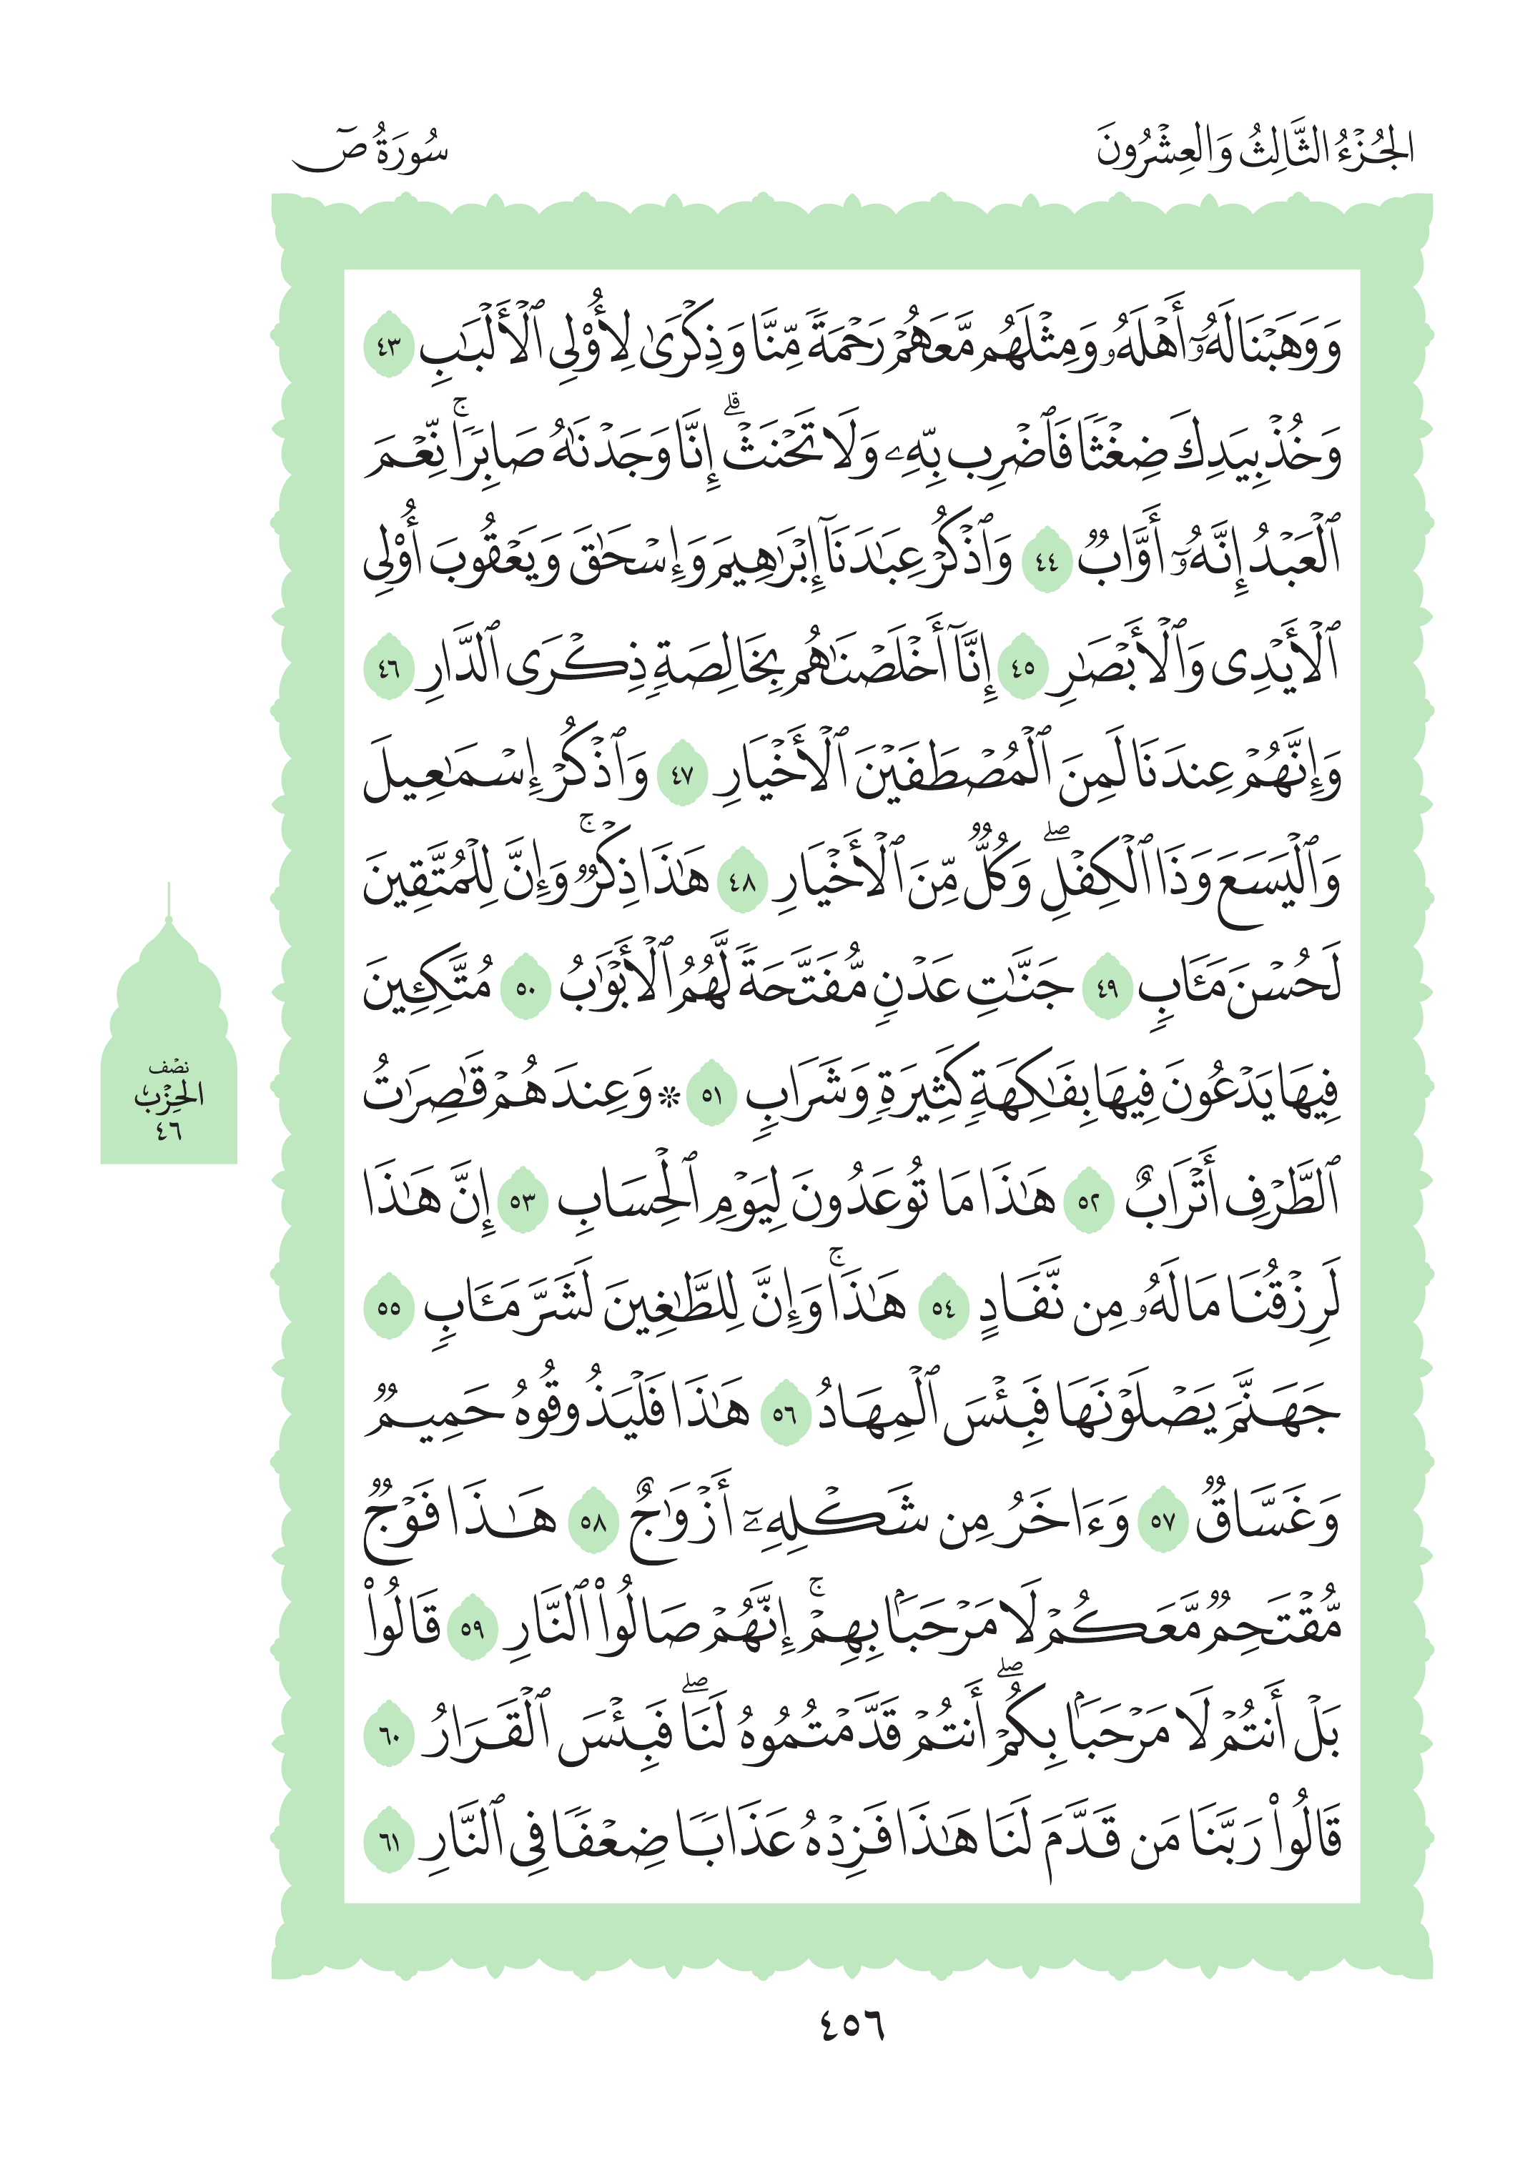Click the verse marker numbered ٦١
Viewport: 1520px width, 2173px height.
(x=389, y=1843)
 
